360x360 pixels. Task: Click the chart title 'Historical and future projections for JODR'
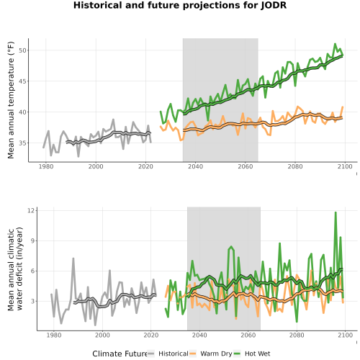pyautogui.click(x=180, y=5)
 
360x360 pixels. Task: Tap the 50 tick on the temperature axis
pyautogui.click(x=22, y=50)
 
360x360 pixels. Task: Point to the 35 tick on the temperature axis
pyautogui.click(x=22, y=143)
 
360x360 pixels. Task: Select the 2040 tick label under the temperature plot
pyautogui.click(x=195, y=166)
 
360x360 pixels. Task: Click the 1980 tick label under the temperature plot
pyautogui.click(x=46, y=166)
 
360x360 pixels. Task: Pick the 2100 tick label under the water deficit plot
pyautogui.click(x=345, y=335)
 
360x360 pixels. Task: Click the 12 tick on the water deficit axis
pyautogui.click(x=32, y=210)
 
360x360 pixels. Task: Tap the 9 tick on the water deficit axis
pyautogui.click(x=33, y=240)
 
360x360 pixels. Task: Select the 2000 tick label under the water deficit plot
pyautogui.click(x=102, y=335)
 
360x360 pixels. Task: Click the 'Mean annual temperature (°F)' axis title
pyautogui.click(x=11, y=100)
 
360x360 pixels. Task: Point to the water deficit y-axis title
pyautogui.click(x=15, y=269)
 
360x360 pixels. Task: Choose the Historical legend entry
pyautogui.click(x=168, y=354)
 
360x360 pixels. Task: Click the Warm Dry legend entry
pyautogui.click(x=211, y=354)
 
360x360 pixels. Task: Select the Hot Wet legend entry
pyautogui.click(x=252, y=354)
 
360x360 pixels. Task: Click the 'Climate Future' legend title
pyautogui.click(x=120, y=354)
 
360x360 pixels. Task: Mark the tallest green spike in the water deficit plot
pyautogui.click(x=336, y=212)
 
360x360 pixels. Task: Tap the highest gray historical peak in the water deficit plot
pyautogui.click(x=73, y=258)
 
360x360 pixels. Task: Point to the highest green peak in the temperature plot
pyautogui.click(x=335, y=44)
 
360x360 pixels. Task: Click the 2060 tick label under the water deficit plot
pyautogui.click(x=248, y=335)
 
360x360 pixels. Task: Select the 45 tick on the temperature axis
pyautogui.click(x=22, y=81)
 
